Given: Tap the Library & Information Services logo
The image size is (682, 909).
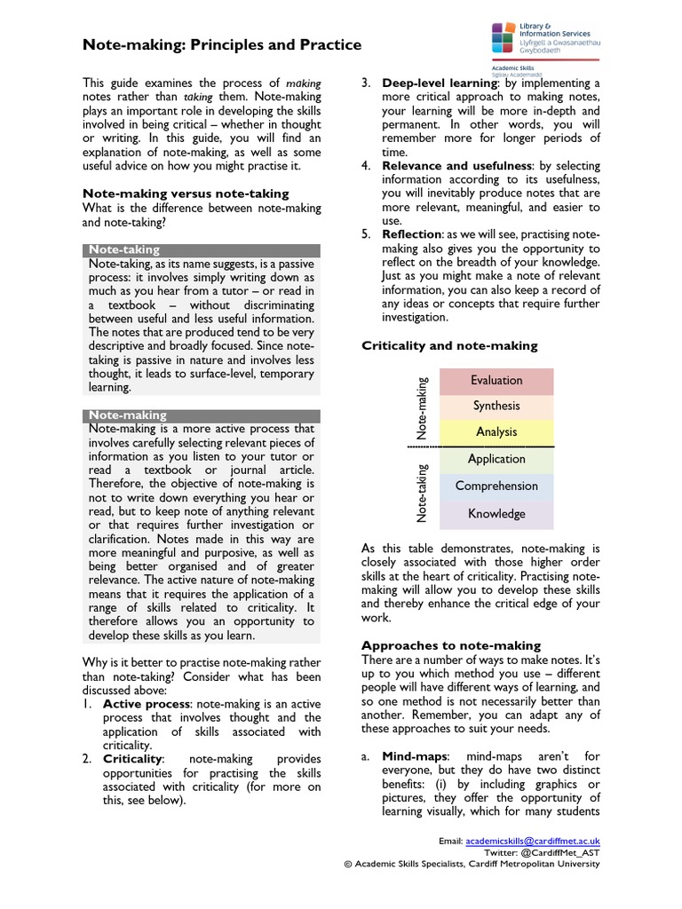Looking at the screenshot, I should [544, 40].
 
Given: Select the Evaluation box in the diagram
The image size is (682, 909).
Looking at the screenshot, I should [496, 381].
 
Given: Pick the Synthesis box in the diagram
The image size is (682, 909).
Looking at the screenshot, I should [496, 407].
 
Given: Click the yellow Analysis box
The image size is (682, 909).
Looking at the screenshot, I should [496, 432].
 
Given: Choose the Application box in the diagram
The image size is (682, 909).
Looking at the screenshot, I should [496, 460].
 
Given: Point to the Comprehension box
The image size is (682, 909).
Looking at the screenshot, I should [496, 486].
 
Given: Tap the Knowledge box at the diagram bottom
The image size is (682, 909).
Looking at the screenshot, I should [496, 514].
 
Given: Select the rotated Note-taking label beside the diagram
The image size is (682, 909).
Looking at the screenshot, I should [423, 493].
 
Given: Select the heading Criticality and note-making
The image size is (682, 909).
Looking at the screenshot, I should [449, 345].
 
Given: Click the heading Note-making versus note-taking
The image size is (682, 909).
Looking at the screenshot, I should [186, 193].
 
